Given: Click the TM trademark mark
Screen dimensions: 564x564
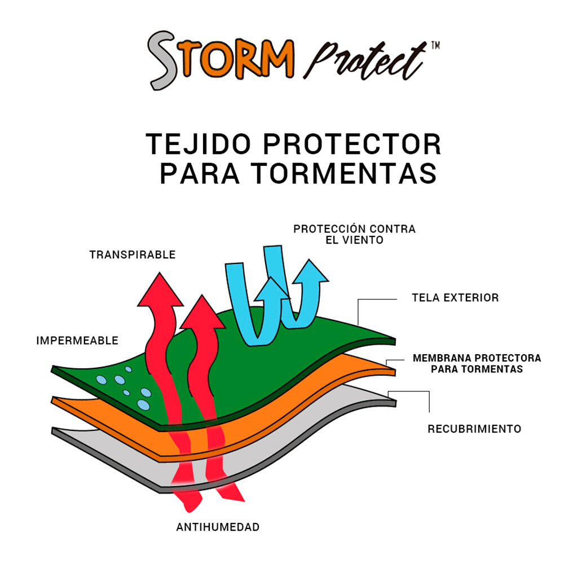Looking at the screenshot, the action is coord(435,46).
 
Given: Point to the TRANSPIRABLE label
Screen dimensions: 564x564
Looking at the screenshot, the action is coord(133,255).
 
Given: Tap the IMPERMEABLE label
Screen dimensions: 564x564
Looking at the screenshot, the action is coord(77,341).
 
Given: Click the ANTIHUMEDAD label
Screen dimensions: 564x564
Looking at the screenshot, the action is coord(218,527).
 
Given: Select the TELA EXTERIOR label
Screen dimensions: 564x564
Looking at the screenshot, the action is coord(455,297).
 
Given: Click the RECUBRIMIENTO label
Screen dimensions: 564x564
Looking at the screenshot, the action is coord(474,429).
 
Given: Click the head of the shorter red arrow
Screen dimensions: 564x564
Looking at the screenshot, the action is coord(202,312).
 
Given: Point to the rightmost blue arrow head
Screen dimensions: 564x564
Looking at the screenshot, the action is coord(309,271).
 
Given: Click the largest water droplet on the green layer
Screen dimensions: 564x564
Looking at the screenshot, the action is coord(143,404).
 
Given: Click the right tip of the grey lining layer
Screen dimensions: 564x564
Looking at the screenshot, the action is coord(396,403).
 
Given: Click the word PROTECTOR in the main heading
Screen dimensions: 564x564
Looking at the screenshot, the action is coord(352,144).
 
